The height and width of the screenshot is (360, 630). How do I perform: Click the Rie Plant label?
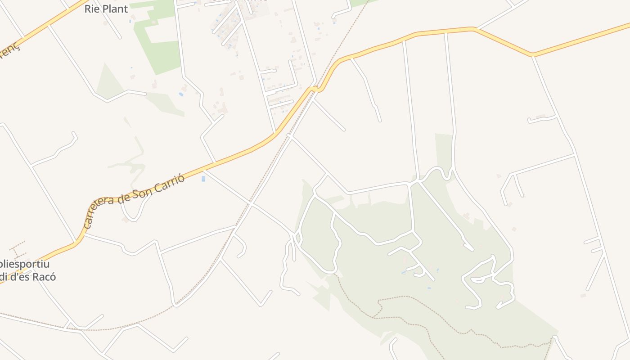106,9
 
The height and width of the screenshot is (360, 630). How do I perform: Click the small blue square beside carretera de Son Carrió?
203,179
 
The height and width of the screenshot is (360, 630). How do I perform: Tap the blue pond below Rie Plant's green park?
181,94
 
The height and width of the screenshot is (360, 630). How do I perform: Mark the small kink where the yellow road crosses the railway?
317,89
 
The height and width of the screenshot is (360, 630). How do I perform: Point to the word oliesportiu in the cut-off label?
25,264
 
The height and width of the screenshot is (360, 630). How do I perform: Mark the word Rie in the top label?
92,9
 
